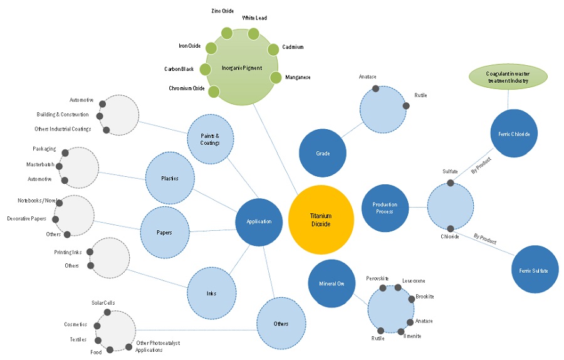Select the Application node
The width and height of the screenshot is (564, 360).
point(259,221)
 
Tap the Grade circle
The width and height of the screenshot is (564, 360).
point(323,153)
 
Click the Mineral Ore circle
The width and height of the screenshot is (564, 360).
point(332,283)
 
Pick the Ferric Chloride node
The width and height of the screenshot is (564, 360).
point(514,134)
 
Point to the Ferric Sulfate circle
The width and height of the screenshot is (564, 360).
point(534,270)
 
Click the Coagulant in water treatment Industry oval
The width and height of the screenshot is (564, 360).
point(508,77)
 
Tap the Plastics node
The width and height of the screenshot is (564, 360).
point(169,178)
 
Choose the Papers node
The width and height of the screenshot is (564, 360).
point(164,232)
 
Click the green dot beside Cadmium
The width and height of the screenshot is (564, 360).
point(273,49)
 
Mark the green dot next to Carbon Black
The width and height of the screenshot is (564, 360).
point(205,69)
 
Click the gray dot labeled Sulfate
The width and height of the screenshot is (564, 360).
point(451,183)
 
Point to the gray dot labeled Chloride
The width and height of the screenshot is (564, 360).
point(450,228)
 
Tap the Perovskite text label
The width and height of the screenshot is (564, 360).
point(377,278)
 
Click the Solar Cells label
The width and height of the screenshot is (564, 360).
point(103,303)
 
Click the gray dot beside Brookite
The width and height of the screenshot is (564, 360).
point(411,299)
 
